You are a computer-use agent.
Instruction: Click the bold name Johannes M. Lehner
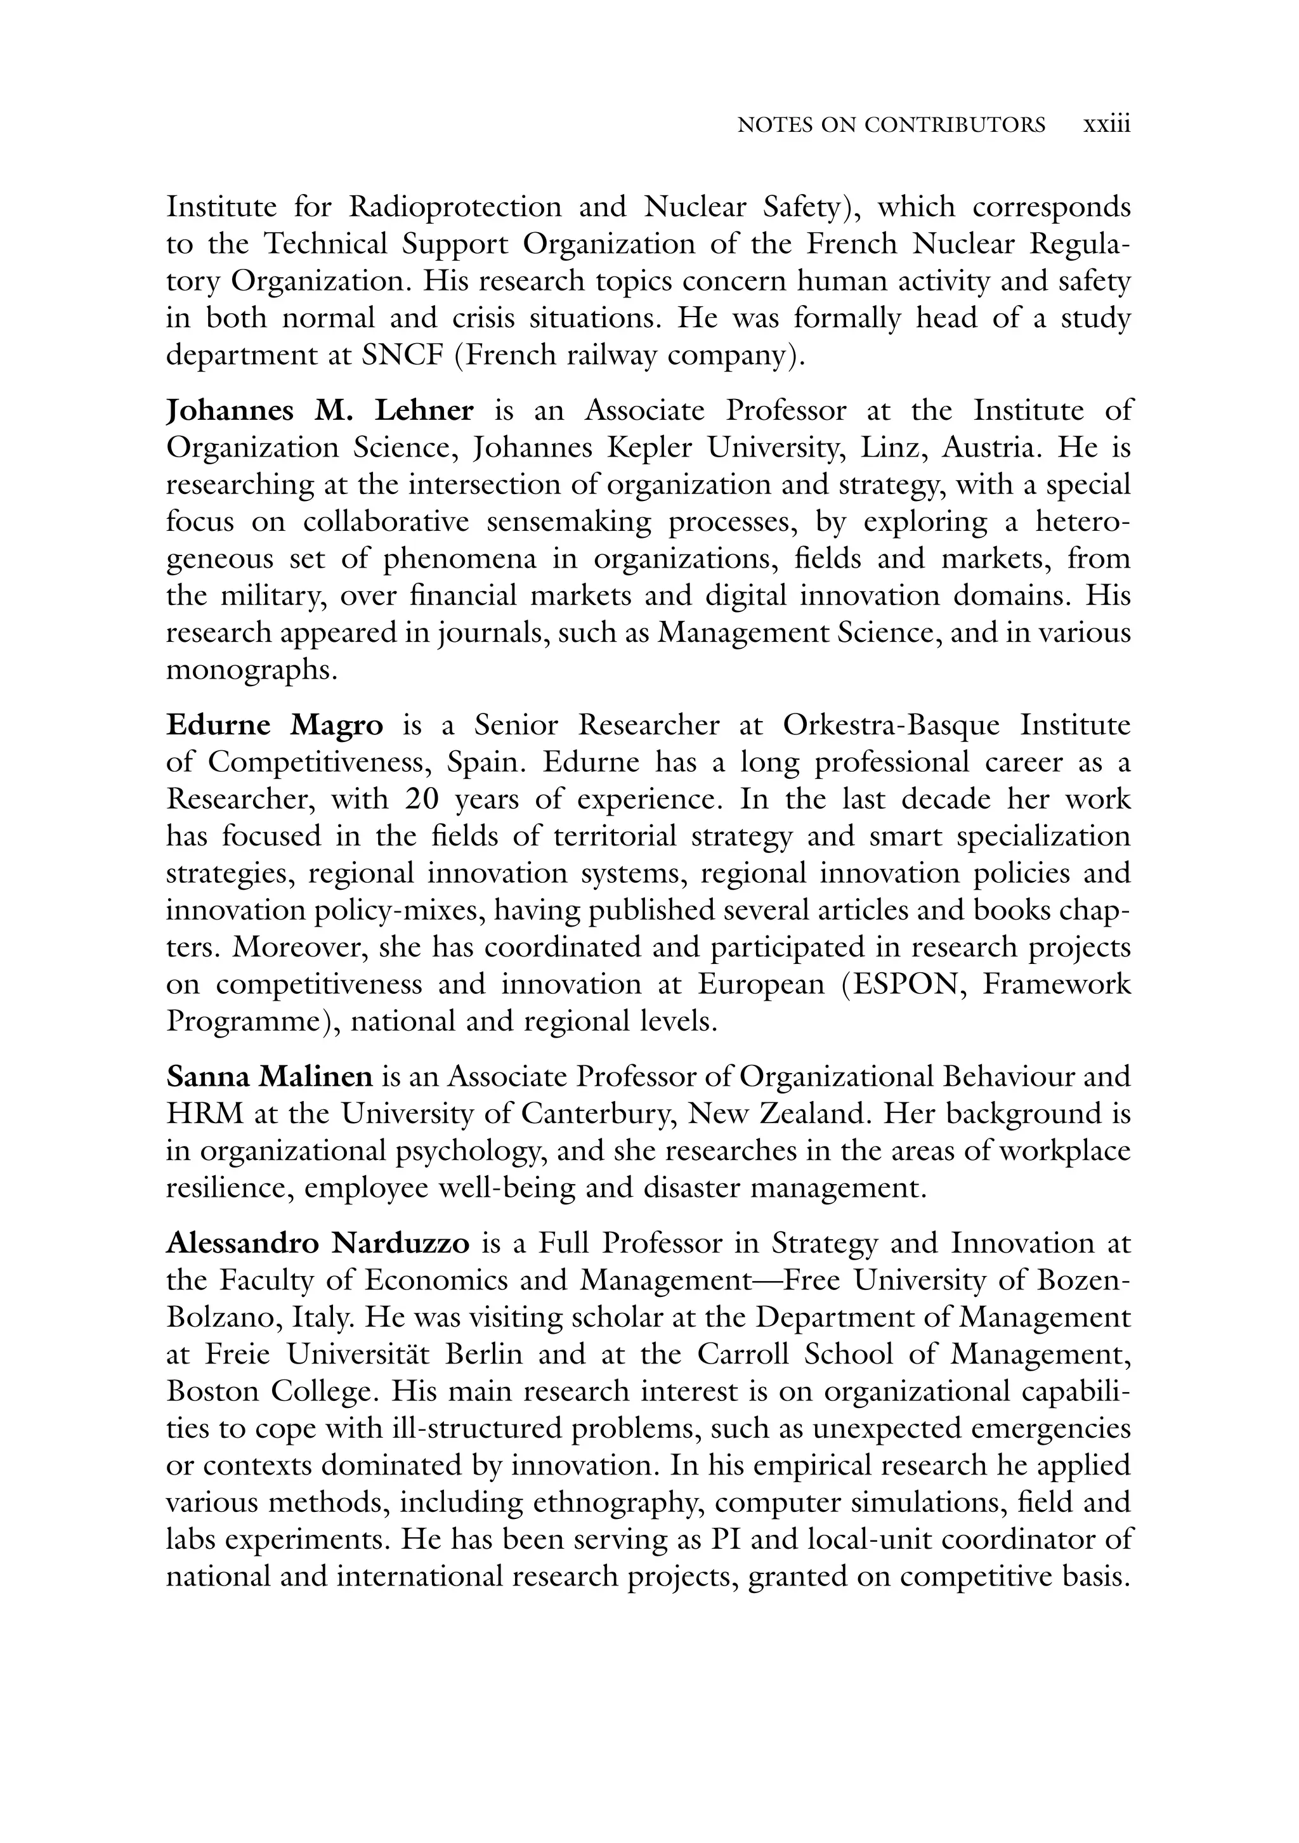coord(320,411)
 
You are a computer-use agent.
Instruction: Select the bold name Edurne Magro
coord(275,725)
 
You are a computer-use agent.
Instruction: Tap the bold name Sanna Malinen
coord(269,1076)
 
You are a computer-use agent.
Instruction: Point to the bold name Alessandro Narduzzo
coord(318,1244)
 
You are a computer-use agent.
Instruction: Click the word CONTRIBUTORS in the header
coord(955,125)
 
